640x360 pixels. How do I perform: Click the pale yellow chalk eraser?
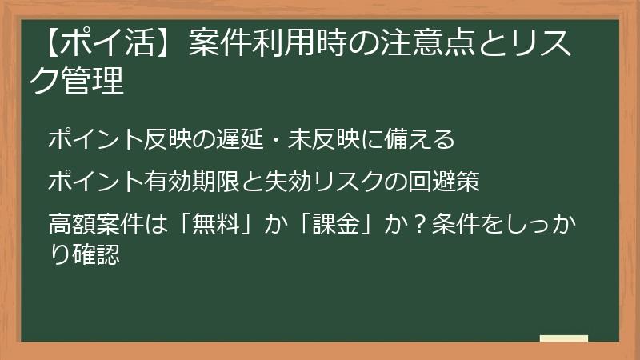(x=564, y=338)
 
